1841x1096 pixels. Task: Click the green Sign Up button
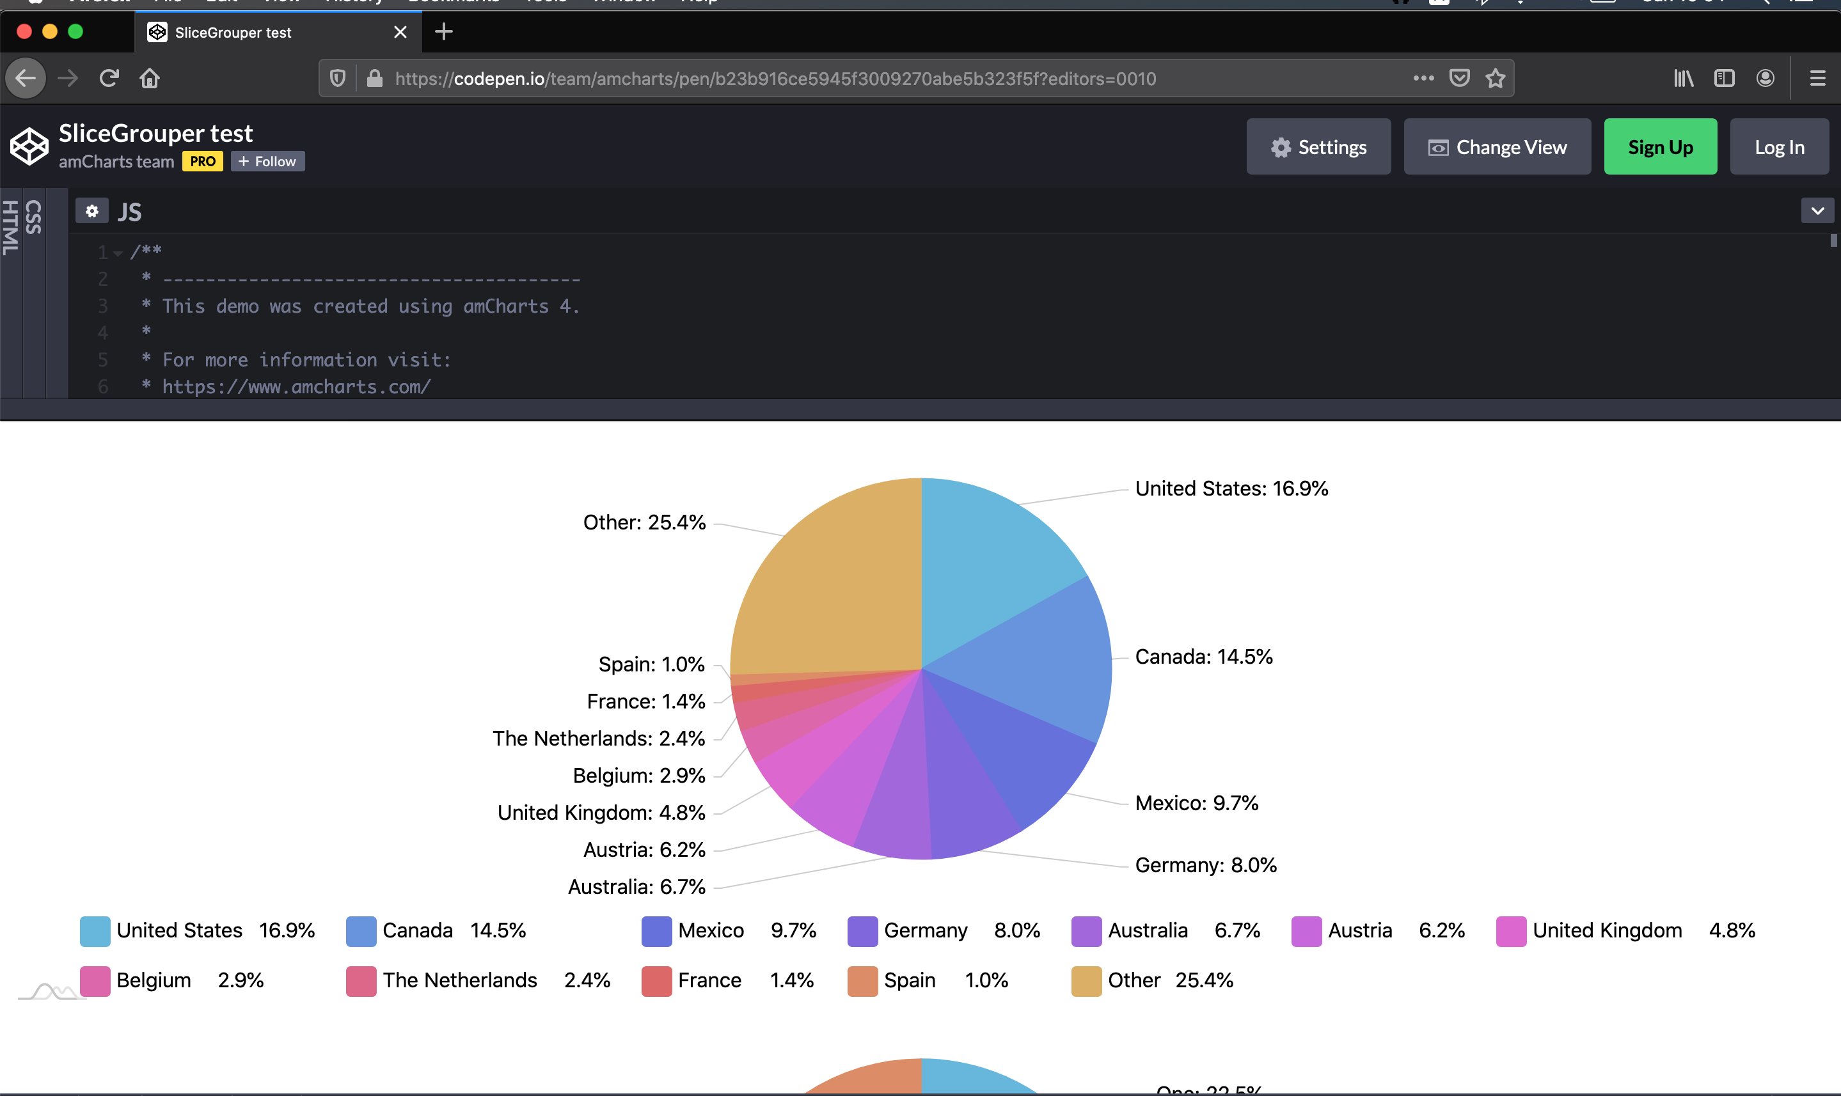1660,147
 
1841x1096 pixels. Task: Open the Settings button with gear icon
1318,147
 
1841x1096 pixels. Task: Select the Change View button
1497,147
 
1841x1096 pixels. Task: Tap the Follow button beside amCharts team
267,161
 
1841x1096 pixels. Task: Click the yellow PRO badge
202,161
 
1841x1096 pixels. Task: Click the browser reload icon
109,78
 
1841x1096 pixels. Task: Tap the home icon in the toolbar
150,78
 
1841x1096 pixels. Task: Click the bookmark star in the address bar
1496,78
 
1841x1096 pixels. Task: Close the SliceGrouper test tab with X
400,33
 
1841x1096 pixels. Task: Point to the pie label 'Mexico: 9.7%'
1196,802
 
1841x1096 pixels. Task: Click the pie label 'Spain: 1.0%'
651,664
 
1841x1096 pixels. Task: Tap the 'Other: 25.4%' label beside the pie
644,522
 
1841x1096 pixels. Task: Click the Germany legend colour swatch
862,930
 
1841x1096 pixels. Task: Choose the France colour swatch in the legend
656,981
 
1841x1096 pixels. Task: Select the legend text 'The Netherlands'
459,981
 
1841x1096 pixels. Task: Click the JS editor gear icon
91,211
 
